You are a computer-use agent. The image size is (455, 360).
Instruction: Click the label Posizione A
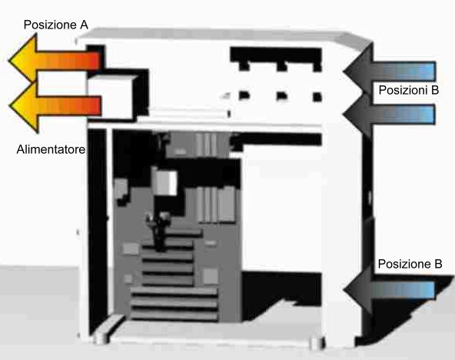click(x=55, y=25)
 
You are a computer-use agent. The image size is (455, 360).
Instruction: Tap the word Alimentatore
click(x=51, y=149)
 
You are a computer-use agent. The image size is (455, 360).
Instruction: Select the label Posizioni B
click(x=409, y=90)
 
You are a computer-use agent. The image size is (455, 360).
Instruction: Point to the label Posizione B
click(x=410, y=264)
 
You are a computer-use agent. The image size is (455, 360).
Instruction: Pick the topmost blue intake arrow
click(x=390, y=71)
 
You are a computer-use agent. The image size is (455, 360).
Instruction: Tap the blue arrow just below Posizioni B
click(x=390, y=114)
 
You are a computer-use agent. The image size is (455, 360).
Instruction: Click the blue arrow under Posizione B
click(x=390, y=290)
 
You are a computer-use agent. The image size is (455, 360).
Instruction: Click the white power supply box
click(x=110, y=97)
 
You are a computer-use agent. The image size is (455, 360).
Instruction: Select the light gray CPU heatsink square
click(x=165, y=183)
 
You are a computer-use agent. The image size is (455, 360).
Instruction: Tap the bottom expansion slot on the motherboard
click(x=174, y=315)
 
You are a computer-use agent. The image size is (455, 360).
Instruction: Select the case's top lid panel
click(x=224, y=36)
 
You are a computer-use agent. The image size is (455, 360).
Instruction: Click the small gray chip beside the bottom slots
click(x=211, y=276)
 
